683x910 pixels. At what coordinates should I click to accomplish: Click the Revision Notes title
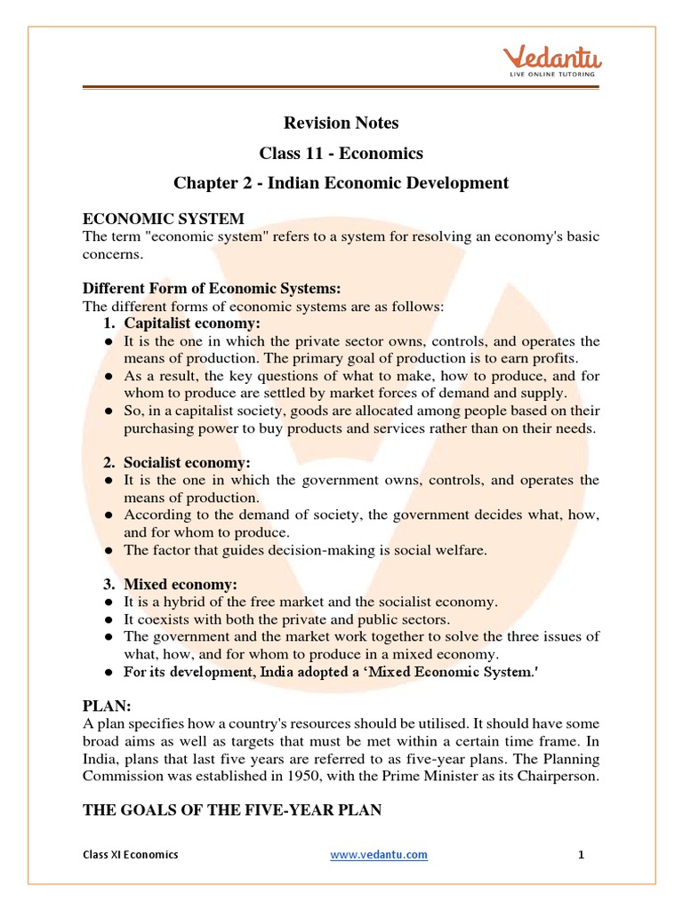pyautogui.click(x=341, y=123)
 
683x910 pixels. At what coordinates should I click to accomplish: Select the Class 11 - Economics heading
pyautogui.click(x=341, y=153)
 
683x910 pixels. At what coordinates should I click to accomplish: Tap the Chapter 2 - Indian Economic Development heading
pyautogui.click(x=341, y=183)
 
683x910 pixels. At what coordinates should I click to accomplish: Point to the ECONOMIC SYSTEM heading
pyautogui.click(x=164, y=219)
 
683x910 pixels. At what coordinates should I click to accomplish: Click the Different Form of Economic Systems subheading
pyautogui.click(x=212, y=289)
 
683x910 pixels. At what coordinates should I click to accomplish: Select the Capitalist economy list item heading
pyautogui.click(x=192, y=323)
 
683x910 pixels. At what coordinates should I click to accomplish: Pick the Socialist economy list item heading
pyautogui.click(x=188, y=463)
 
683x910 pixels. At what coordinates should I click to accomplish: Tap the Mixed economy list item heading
pyautogui.click(x=181, y=584)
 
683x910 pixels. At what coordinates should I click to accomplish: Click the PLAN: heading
pyautogui.click(x=107, y=706)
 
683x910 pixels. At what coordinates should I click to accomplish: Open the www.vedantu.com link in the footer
pyautogui.click(x=379, y=855)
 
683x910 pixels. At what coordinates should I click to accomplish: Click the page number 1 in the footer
pyautogui.click(x=581, y=855)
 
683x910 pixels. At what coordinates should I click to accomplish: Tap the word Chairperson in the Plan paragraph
pyautogui.click(x=557, y=775)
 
